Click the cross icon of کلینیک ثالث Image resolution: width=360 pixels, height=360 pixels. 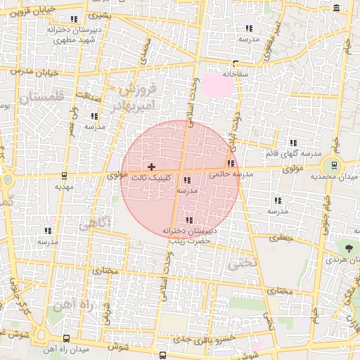click(151, 167)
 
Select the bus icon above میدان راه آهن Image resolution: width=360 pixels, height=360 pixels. click(66, 338)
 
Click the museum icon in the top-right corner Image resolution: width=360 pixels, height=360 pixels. click(337, 8)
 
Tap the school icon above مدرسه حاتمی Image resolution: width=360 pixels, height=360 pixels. click(231, 164)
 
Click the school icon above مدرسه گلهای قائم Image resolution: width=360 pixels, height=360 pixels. click(293, 143)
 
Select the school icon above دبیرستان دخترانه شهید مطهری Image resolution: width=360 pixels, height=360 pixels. click(74, 20)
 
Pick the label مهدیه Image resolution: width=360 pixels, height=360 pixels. click(64, 187)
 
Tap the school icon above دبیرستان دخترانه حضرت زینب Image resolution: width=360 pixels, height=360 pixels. click(188, 220)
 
